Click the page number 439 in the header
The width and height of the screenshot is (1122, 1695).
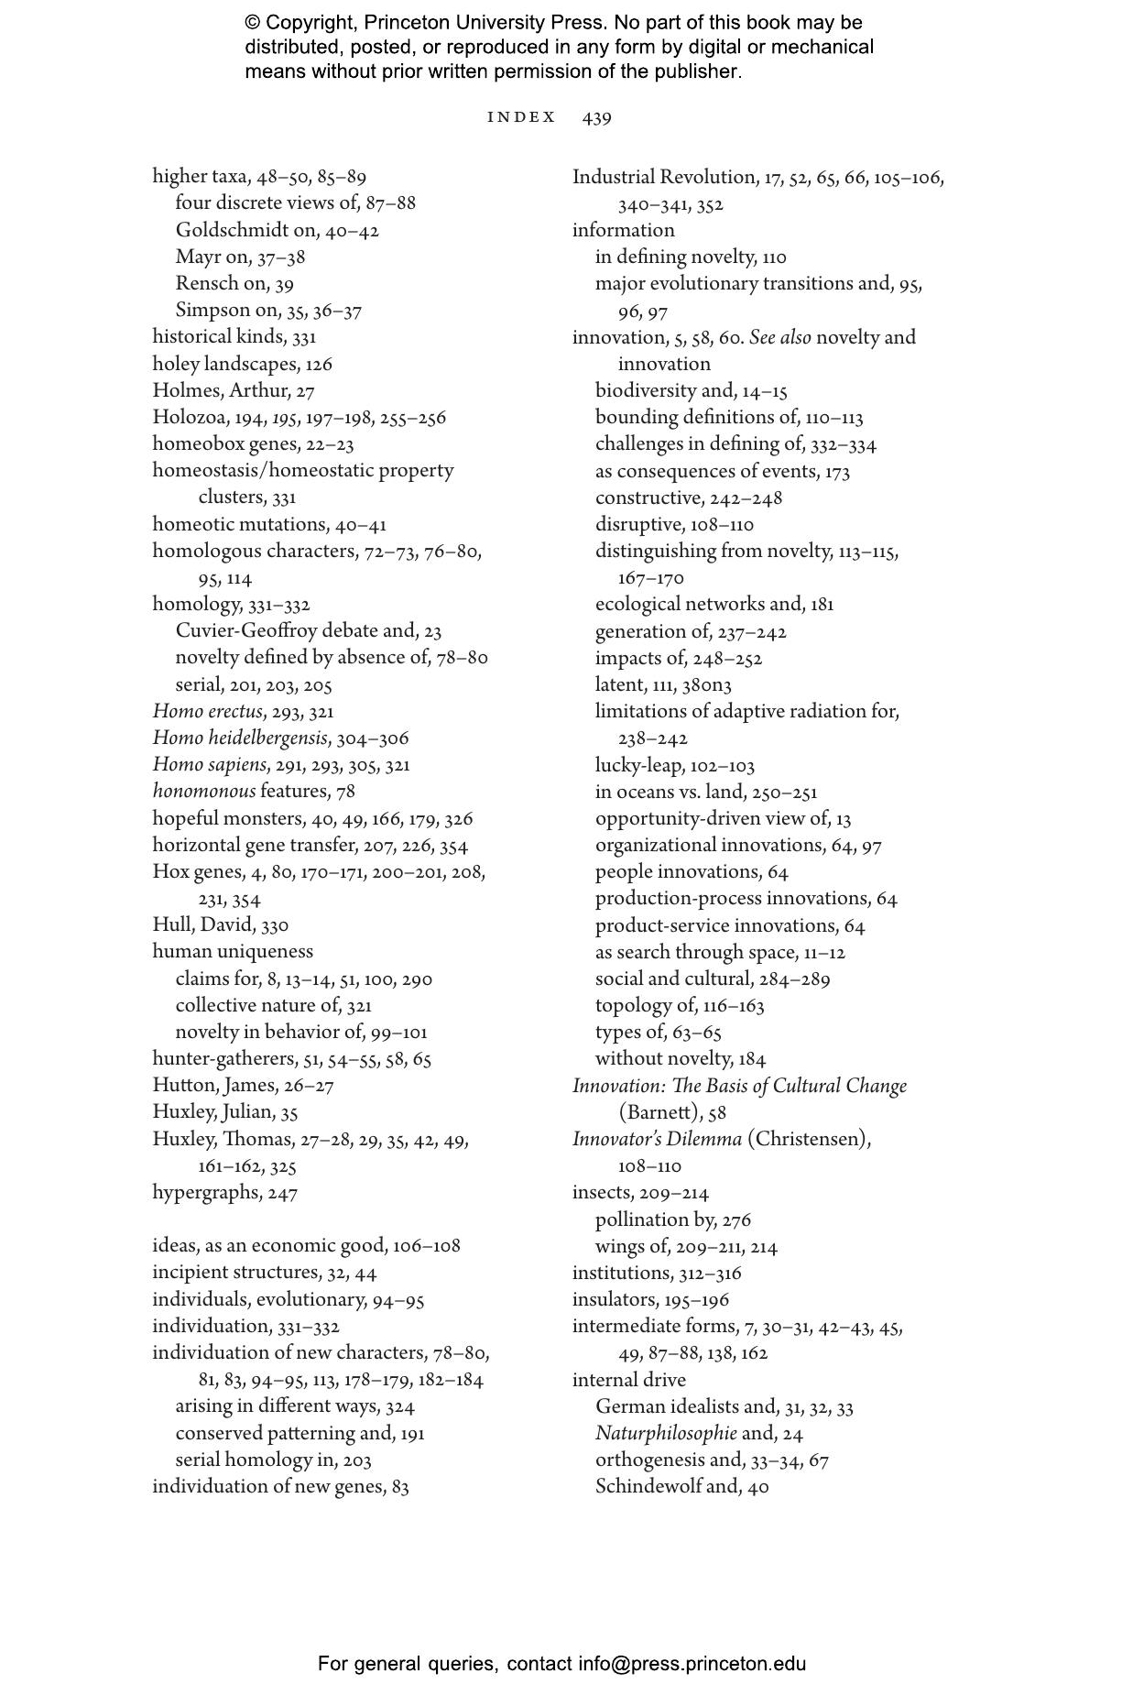point(596,117)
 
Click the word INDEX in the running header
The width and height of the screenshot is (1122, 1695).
point(521,117)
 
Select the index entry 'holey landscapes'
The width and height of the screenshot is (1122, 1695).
point(242,364)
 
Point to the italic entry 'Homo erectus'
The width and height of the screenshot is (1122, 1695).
point(208,711)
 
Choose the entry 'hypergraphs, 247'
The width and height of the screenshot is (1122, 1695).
point(224,1192)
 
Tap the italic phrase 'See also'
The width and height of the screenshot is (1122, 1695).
point(779,337)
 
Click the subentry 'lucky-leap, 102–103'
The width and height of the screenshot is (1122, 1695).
point(674,765)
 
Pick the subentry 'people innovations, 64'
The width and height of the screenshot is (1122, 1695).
point(692,871)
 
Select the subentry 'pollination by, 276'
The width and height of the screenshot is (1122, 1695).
point(672,1219)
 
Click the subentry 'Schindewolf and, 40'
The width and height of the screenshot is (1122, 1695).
point(681,1486)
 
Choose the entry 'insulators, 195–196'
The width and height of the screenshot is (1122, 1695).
point(650,1299)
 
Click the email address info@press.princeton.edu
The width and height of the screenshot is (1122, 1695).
point(692,1664)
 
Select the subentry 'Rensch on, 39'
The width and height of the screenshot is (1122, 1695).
point(234,284)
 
